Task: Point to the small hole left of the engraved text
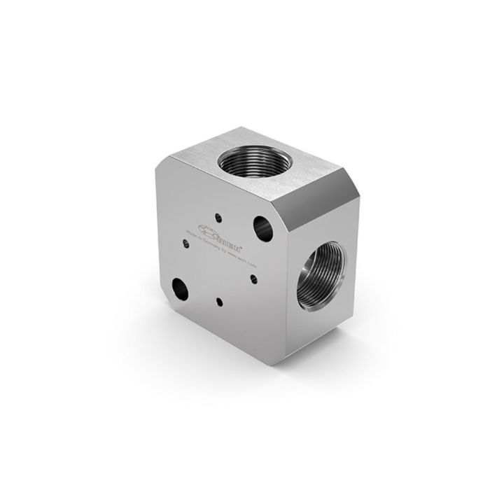[x=185, y=244]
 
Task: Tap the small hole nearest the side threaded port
[x=253, y=278]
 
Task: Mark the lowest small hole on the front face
[x=219, y=303]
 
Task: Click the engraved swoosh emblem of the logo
[x=208, y=230]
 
